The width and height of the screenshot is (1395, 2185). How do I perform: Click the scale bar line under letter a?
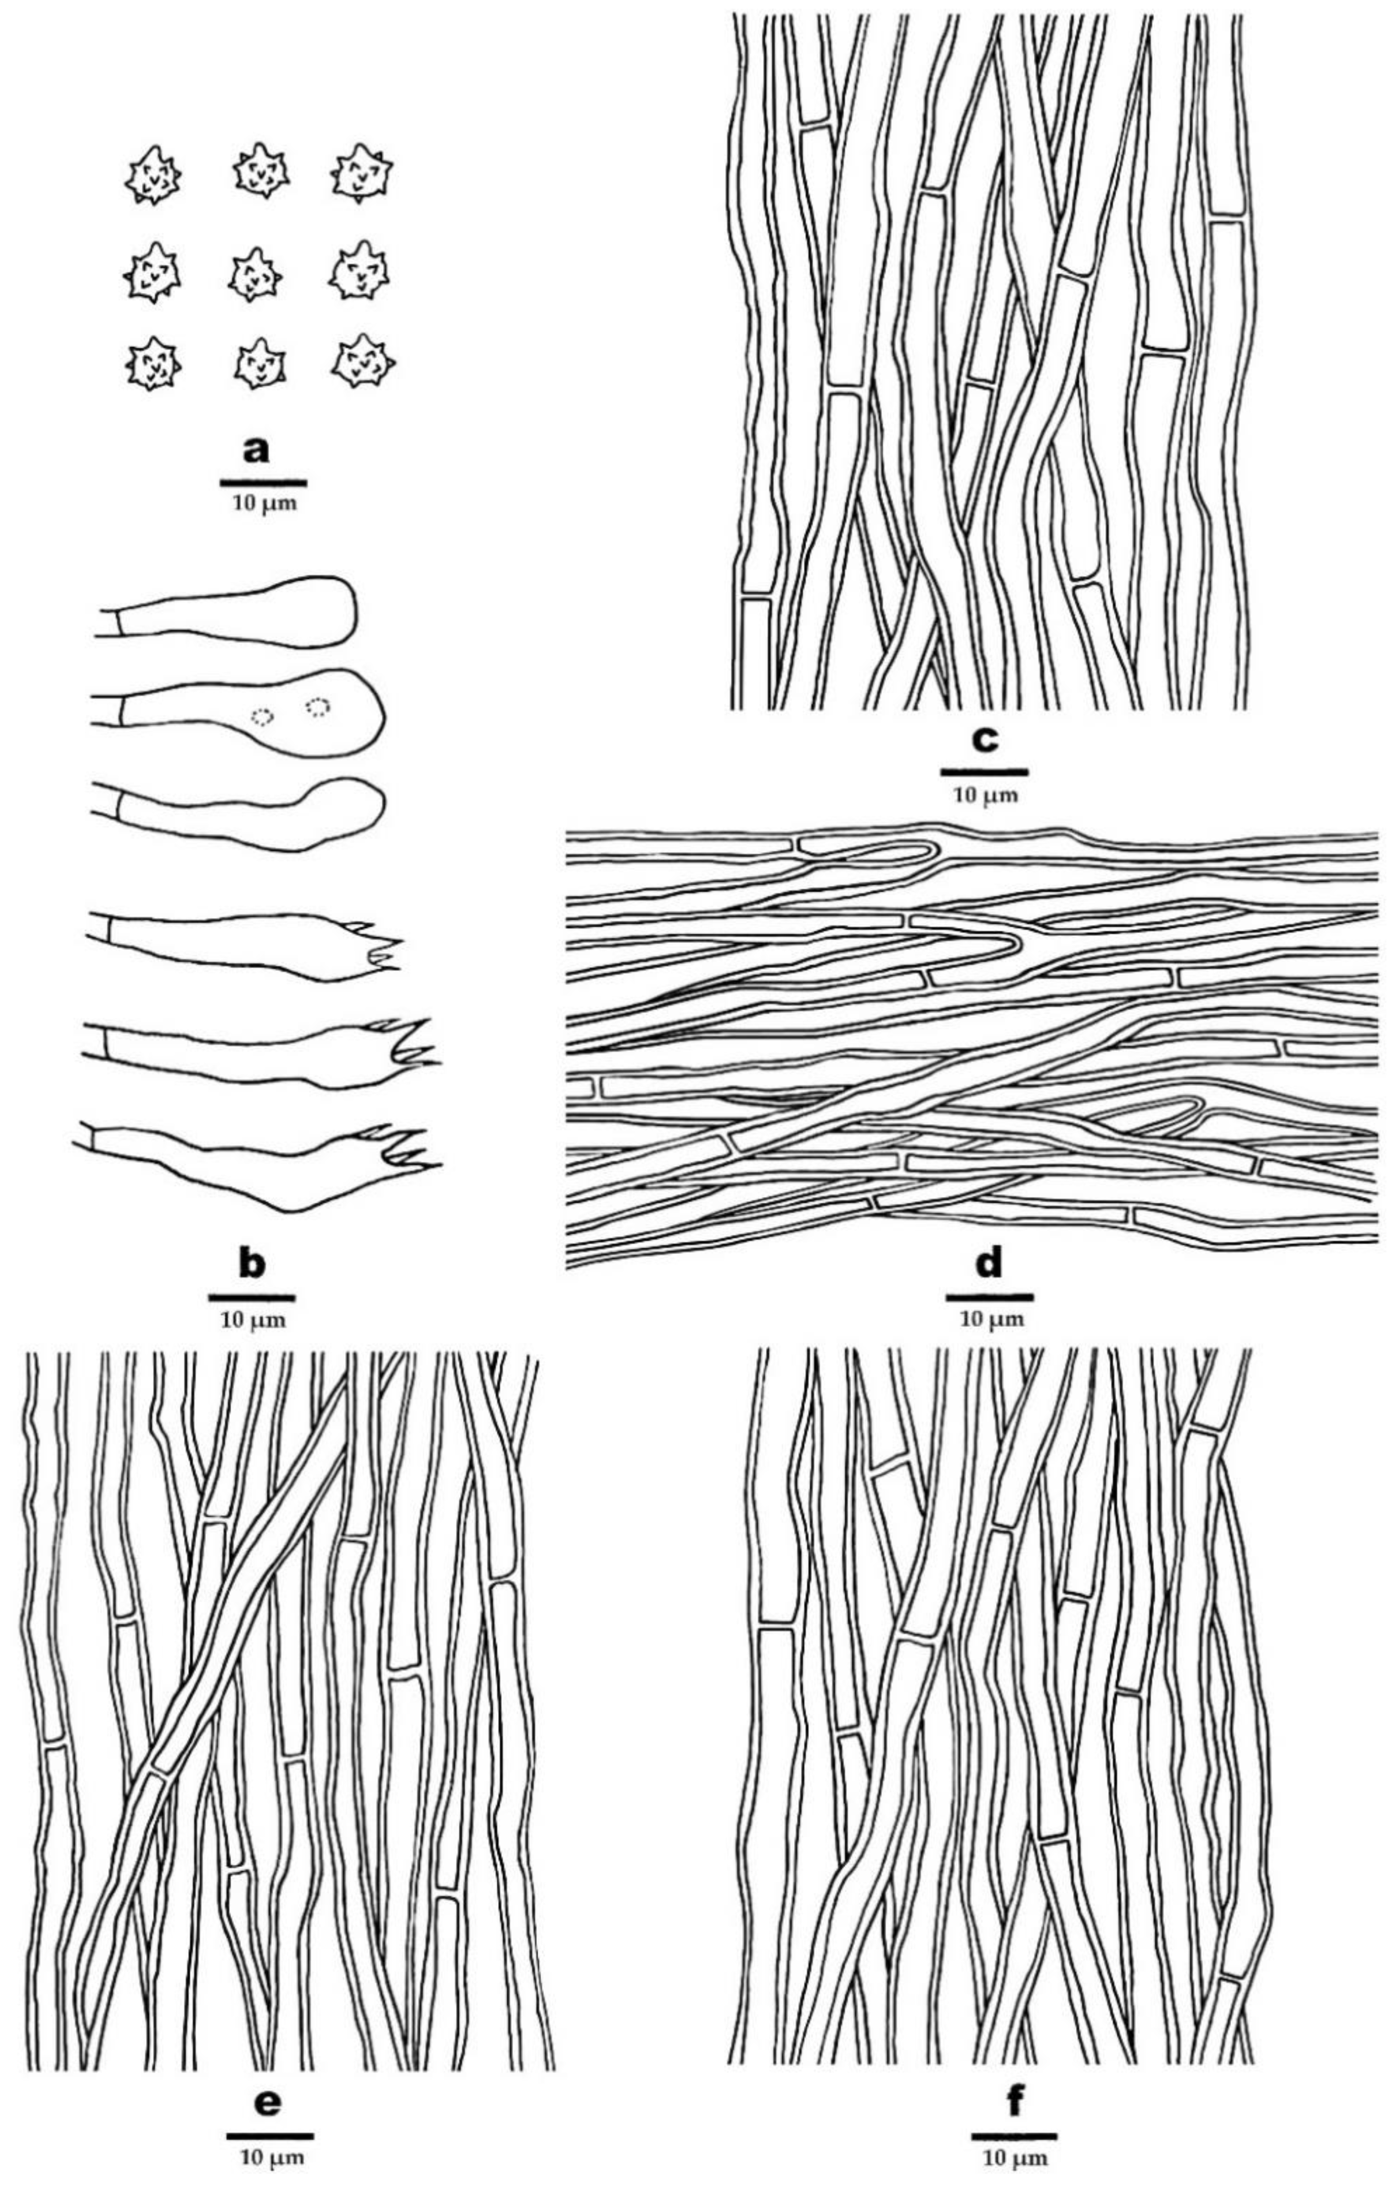point(262,482)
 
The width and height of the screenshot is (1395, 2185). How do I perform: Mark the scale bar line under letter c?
point(984,772)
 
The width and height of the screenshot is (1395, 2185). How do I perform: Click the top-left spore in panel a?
point(153,175)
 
